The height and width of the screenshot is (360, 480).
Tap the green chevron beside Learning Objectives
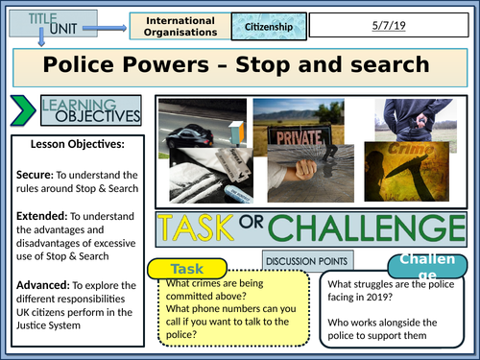tap(21, 111)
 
